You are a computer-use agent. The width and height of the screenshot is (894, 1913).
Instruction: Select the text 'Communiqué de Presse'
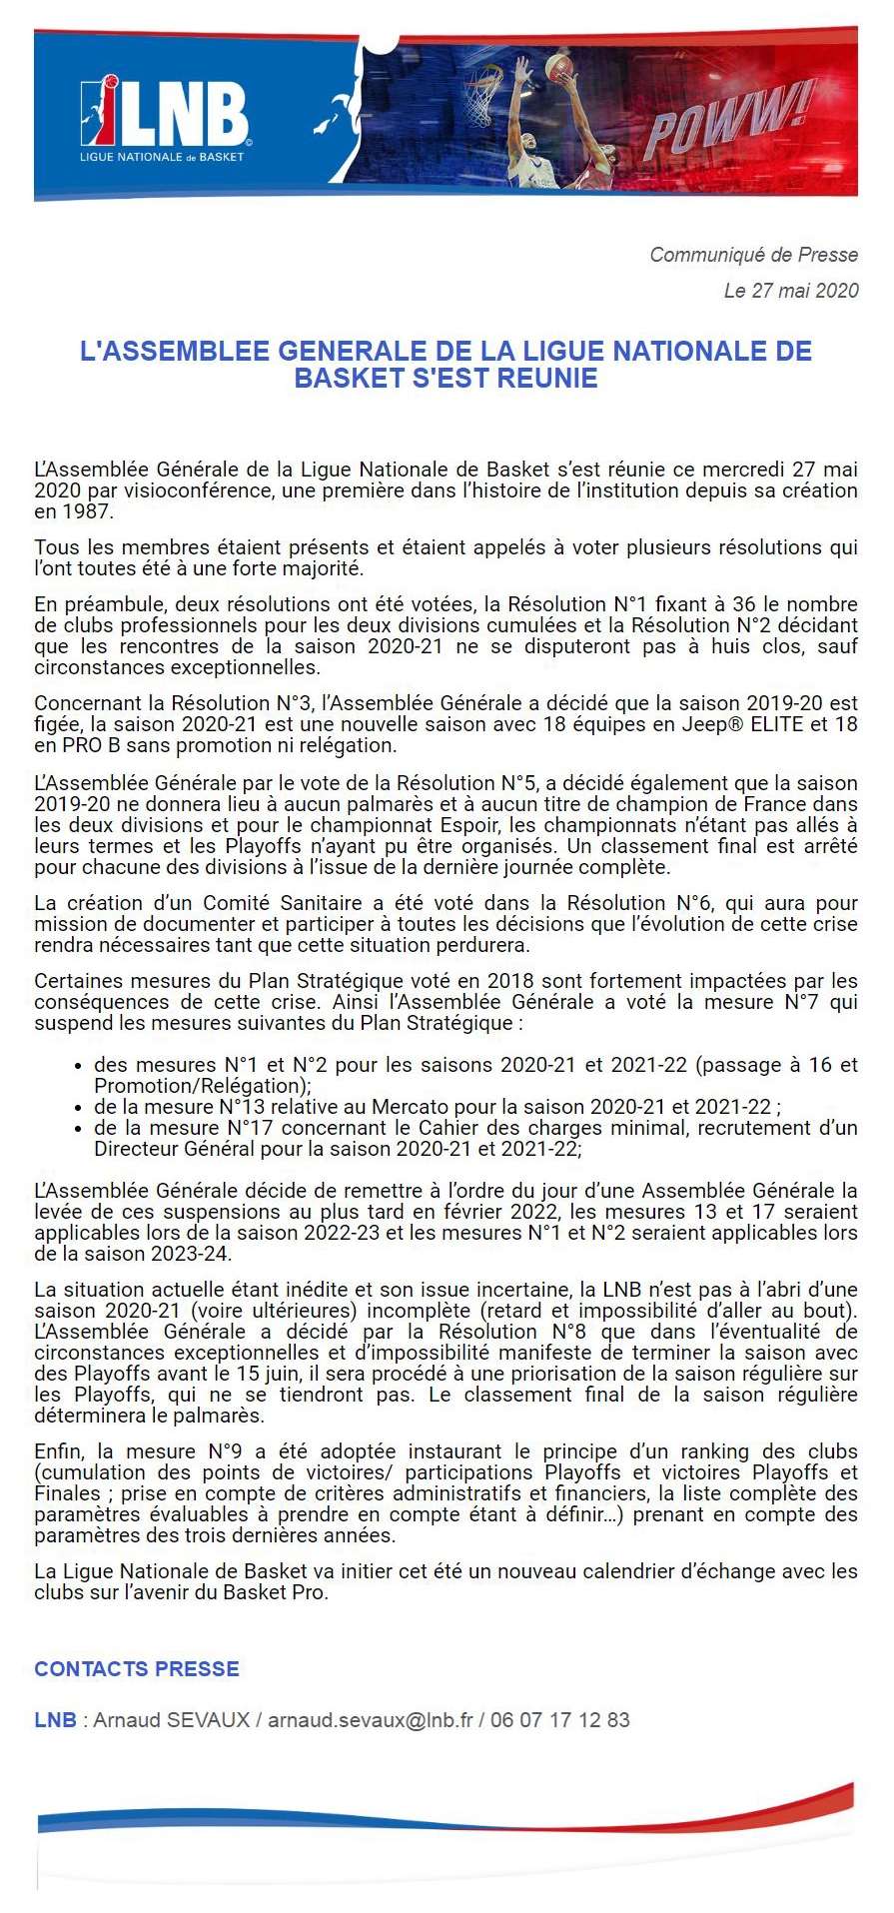753,255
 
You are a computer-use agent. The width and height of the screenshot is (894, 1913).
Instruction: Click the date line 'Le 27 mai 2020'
791,291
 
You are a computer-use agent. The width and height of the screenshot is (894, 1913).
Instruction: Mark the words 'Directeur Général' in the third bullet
174,1149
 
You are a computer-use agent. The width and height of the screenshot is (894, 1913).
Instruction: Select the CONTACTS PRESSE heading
137,1669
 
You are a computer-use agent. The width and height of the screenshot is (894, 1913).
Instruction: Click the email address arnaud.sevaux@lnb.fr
370,1720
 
